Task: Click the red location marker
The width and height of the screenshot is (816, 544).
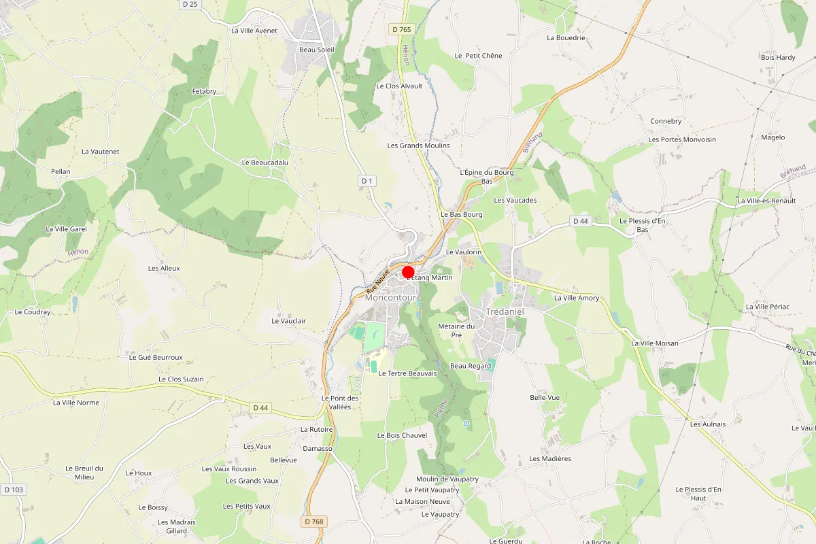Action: click(409, 271)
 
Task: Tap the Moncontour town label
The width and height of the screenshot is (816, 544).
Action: click(390, 297)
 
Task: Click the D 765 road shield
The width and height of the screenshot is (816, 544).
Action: click(402, 29)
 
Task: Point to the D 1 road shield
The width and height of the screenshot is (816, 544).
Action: click(367, 180)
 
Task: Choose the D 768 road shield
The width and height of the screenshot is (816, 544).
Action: click(314, 521)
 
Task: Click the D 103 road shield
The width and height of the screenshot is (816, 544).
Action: click(13, 489)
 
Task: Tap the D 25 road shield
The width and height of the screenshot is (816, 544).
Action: click(190, 5)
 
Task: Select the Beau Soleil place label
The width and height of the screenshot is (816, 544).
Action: click(317, 49)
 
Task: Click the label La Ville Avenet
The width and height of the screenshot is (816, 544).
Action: click(254, 30)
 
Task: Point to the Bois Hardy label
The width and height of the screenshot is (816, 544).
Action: click(778, 57)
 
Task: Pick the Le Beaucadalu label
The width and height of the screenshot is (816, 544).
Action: click(265, 163)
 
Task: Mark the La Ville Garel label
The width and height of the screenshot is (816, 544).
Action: click(66, 228)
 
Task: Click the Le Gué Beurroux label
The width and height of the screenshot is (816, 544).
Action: click(156, 357)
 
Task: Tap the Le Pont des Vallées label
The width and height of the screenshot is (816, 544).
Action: click(340, 402)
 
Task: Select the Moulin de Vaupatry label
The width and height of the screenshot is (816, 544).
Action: click(447, 479)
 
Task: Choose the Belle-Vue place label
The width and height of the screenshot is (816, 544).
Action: click(544, 397)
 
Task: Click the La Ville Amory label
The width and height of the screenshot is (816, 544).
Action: click(577, 298)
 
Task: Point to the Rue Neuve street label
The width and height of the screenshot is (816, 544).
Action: click(377, 279)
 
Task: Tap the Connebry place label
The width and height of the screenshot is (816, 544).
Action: click(665, 121)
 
